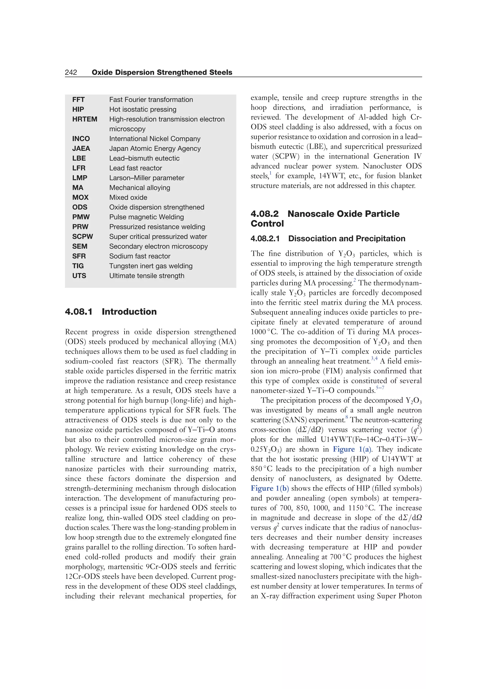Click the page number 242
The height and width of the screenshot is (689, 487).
pos(71,72)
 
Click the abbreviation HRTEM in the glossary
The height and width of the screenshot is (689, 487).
pos(85,119)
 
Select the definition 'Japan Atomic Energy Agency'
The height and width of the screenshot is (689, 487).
pos(155,149)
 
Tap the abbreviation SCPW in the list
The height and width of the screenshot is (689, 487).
pos(83,237)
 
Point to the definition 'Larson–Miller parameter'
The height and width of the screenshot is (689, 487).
pos(147,178)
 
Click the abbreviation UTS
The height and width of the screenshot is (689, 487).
pos(79,276)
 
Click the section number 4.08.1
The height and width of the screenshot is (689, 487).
pos(79,311)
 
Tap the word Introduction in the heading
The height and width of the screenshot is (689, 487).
pos(129,311)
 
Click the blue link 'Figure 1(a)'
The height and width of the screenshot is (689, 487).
pos(352,449)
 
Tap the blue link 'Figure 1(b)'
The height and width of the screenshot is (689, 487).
pos(270,489)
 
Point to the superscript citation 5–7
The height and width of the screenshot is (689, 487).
pos(380,388)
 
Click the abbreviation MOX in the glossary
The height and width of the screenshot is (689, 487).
pos(80,198)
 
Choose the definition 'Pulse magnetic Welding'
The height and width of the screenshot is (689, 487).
pos(146,217)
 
